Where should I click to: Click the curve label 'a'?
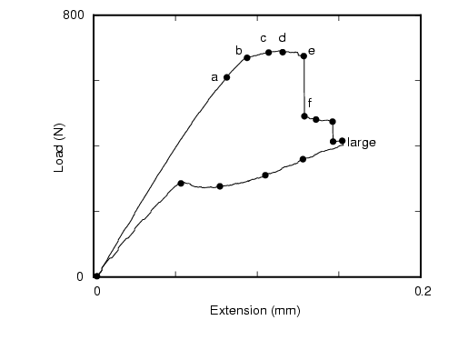[x=214, y=77]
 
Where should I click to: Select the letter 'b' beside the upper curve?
[x=239, y=51]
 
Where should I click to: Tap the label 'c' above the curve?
[x=264, y=38]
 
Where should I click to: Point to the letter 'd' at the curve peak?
[x=283, y=38]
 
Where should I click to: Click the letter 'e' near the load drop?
[x=312, y=51]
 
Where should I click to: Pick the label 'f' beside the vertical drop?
[x=310, y=103]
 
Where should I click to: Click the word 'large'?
[x=362, y=143]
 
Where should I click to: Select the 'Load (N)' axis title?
[x=59, y=147]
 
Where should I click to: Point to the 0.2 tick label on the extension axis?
[x=422, y=292]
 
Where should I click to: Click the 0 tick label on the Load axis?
[x=81, y=276]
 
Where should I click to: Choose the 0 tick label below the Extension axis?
[x=97, y=292]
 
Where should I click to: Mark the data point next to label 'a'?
[x=226, y=77]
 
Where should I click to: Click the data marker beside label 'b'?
[x=247, y=57]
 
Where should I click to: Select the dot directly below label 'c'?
[x=268, y=53]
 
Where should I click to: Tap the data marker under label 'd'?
[x=283, y=52]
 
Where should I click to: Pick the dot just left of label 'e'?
[x=304, y=56]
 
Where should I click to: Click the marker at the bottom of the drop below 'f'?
[x=304, y=116]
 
